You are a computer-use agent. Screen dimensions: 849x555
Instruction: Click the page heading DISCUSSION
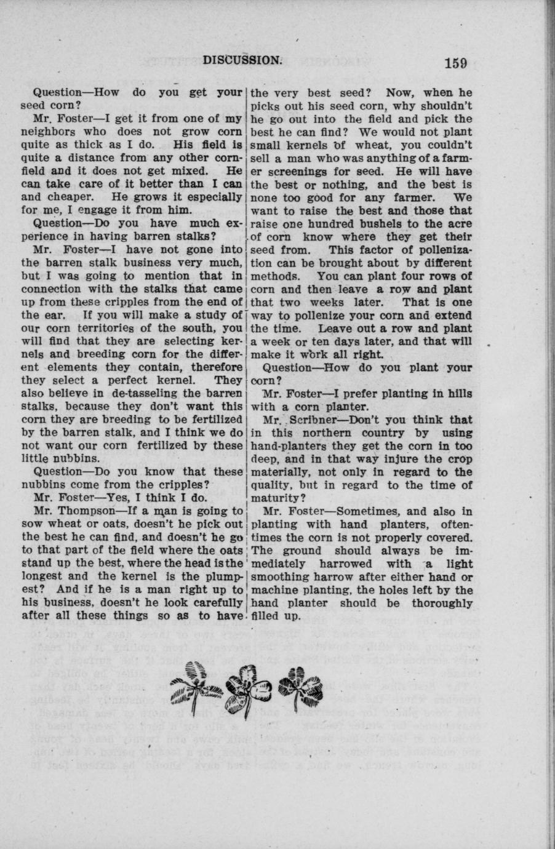242,60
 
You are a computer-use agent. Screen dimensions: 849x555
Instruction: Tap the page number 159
453,62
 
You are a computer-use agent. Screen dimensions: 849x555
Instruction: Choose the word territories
98,328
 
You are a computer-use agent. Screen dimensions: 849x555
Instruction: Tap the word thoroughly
442,603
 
